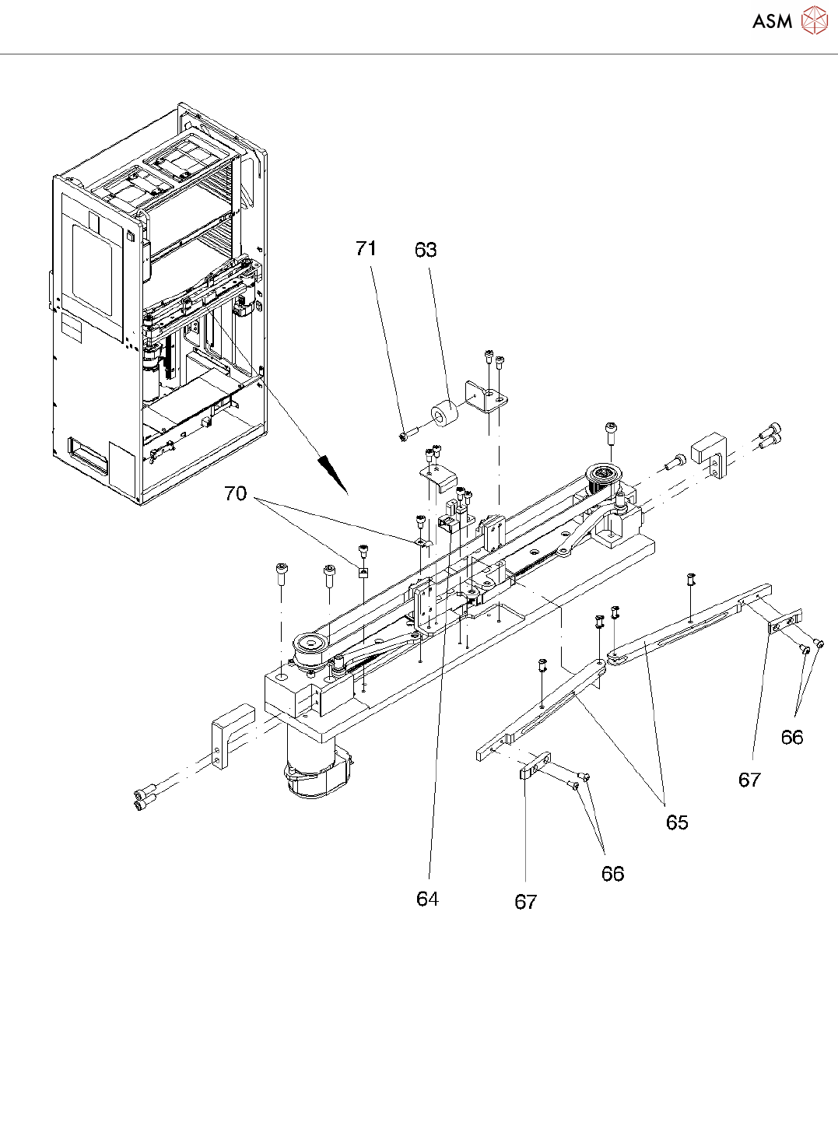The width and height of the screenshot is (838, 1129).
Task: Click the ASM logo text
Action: (772, 22)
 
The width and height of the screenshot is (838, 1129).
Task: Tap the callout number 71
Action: (366, 248)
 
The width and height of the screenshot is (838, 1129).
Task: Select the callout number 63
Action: (426, 250)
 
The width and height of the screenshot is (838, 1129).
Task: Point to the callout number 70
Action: (235, 493)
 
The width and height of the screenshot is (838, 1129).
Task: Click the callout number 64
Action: (427, 899)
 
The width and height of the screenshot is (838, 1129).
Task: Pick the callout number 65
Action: (677, 822)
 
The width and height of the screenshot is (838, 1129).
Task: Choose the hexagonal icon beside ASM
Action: (814, 21)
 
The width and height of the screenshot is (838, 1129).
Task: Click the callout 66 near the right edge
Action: (792, 737)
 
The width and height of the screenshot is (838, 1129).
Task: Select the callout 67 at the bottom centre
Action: (526, 902)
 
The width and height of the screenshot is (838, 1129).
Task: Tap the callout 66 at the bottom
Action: (613, 874)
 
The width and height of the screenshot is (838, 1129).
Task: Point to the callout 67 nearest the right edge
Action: (749, 780)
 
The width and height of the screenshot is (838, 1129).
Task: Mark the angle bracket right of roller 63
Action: (486, 398)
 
